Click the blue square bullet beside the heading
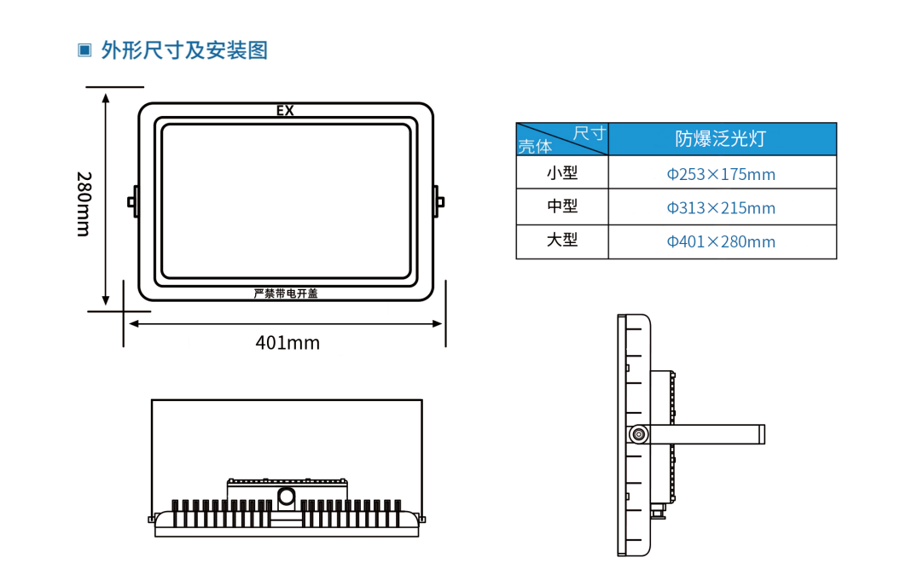pyautogui.click(x=84, y=50)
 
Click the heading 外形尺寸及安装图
pyautogui.click(x=185, y=50)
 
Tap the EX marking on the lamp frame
pyautogui.click(x=285, y=110)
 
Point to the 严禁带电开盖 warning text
pyautogui.click(x=286, y=293)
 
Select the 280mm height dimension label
pyautogui.click(x=84, y=204)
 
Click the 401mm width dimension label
pyautogui.click(x=287, y=343)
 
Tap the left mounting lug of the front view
pyautogui.click(x=133, y=201)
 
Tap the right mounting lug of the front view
pyautogui.click(x=438, y=201)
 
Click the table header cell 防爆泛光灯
pyautogui.click(x=721, y=139)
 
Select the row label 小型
pyautogui.click(x=562, y=172)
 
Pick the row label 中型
pyautogui.click(x=562, y=206)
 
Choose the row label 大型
pyautogui.click(x=562, y=240)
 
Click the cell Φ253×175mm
pyautogui.click(x=721, y=174)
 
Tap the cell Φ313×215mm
pyautogui.click(x=721, y=207)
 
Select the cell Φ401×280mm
pyautogui.click(x=721, y=241)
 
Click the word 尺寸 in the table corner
pyautogui.click(x=589, y=133)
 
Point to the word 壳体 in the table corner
pyautogui.click(x=535, y=146)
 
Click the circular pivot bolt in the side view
pyautogui.click(x=638, y=434)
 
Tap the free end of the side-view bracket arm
pyautogui.click(x=764, y=434)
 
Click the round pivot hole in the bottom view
pyautogui.click(x=287, y=496)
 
